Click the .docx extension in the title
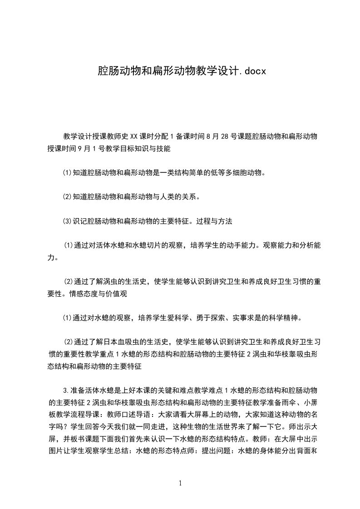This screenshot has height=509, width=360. tap(251, 71)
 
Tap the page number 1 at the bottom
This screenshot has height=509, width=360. tap(180, 483)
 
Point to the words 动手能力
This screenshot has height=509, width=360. tap(236, 245)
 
